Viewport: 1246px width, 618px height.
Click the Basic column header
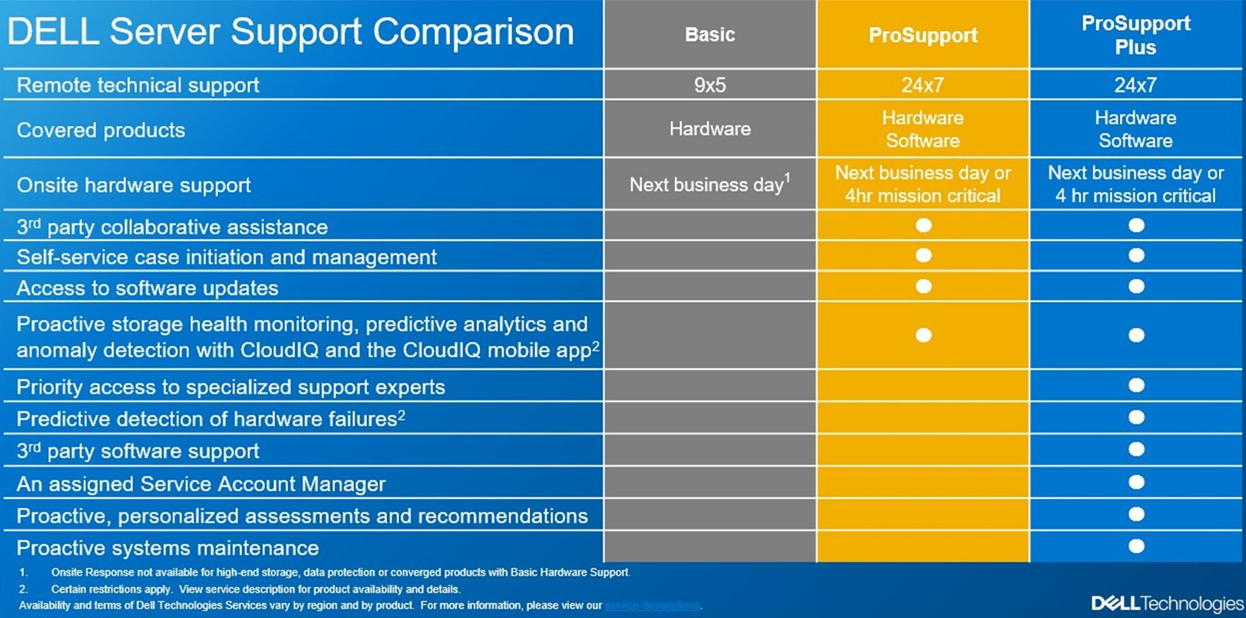(710, 34)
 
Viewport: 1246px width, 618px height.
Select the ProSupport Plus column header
(1136, 35)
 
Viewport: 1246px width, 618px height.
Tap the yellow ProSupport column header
(923, 35)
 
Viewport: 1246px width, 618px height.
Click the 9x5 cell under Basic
(710, 85)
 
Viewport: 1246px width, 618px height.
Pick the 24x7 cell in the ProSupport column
(922, 85)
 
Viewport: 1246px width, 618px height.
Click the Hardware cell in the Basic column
(710, 129)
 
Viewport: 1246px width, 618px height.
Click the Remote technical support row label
(138, 85)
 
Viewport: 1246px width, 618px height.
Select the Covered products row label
(101, 130)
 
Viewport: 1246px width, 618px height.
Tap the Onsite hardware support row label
(134, 185)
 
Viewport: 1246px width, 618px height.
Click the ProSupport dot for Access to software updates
(924, 286)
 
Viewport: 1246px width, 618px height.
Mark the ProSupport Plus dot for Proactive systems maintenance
(1136, 546)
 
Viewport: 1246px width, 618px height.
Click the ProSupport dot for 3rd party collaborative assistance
(924, 225)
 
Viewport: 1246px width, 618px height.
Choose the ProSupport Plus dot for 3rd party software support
(1136, 449)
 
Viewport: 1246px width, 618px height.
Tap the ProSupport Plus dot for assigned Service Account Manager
(1136, 482)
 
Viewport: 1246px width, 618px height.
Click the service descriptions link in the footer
(652, 605)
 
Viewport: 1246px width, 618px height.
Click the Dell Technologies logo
(1167, 603)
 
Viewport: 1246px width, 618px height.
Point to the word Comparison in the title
(473, 32)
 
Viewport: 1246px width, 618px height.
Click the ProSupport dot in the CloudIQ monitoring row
(924, 335)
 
